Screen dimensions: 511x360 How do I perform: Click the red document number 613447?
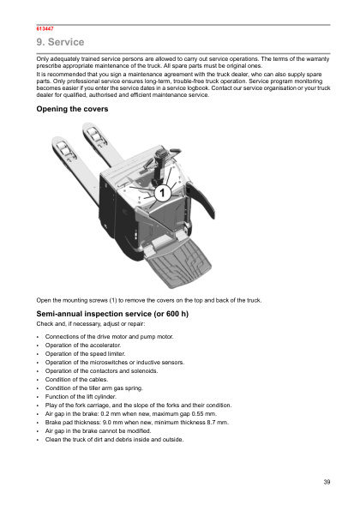44,28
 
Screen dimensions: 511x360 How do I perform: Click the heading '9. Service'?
59,42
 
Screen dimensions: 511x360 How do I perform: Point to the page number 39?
327,483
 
